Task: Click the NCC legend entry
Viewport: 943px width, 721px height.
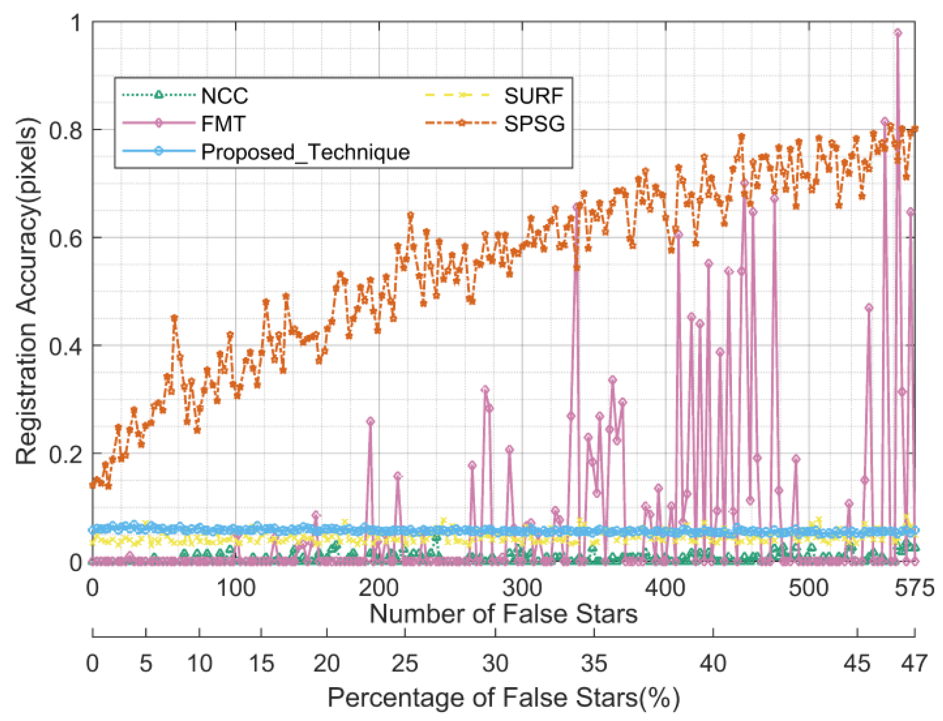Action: (224, 95)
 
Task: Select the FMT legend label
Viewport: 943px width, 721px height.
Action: (223, 124)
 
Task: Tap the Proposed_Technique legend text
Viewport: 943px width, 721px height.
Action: (305, 152)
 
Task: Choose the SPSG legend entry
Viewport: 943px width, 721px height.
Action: (534, 124)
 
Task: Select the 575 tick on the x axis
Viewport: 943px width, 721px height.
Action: (914, 588)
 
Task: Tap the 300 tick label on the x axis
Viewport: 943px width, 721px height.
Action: (522, 588)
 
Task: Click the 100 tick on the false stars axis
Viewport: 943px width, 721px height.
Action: (235, 588)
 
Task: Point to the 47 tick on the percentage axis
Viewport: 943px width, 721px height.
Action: (914, 663)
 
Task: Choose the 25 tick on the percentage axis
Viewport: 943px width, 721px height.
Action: (405, 663)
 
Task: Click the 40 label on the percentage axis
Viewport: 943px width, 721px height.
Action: (713, 663)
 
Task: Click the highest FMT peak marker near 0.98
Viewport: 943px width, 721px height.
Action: (897, 33)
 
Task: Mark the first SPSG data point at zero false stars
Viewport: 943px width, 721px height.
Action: (92, 484)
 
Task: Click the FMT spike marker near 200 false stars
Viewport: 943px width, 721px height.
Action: (370, 421)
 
